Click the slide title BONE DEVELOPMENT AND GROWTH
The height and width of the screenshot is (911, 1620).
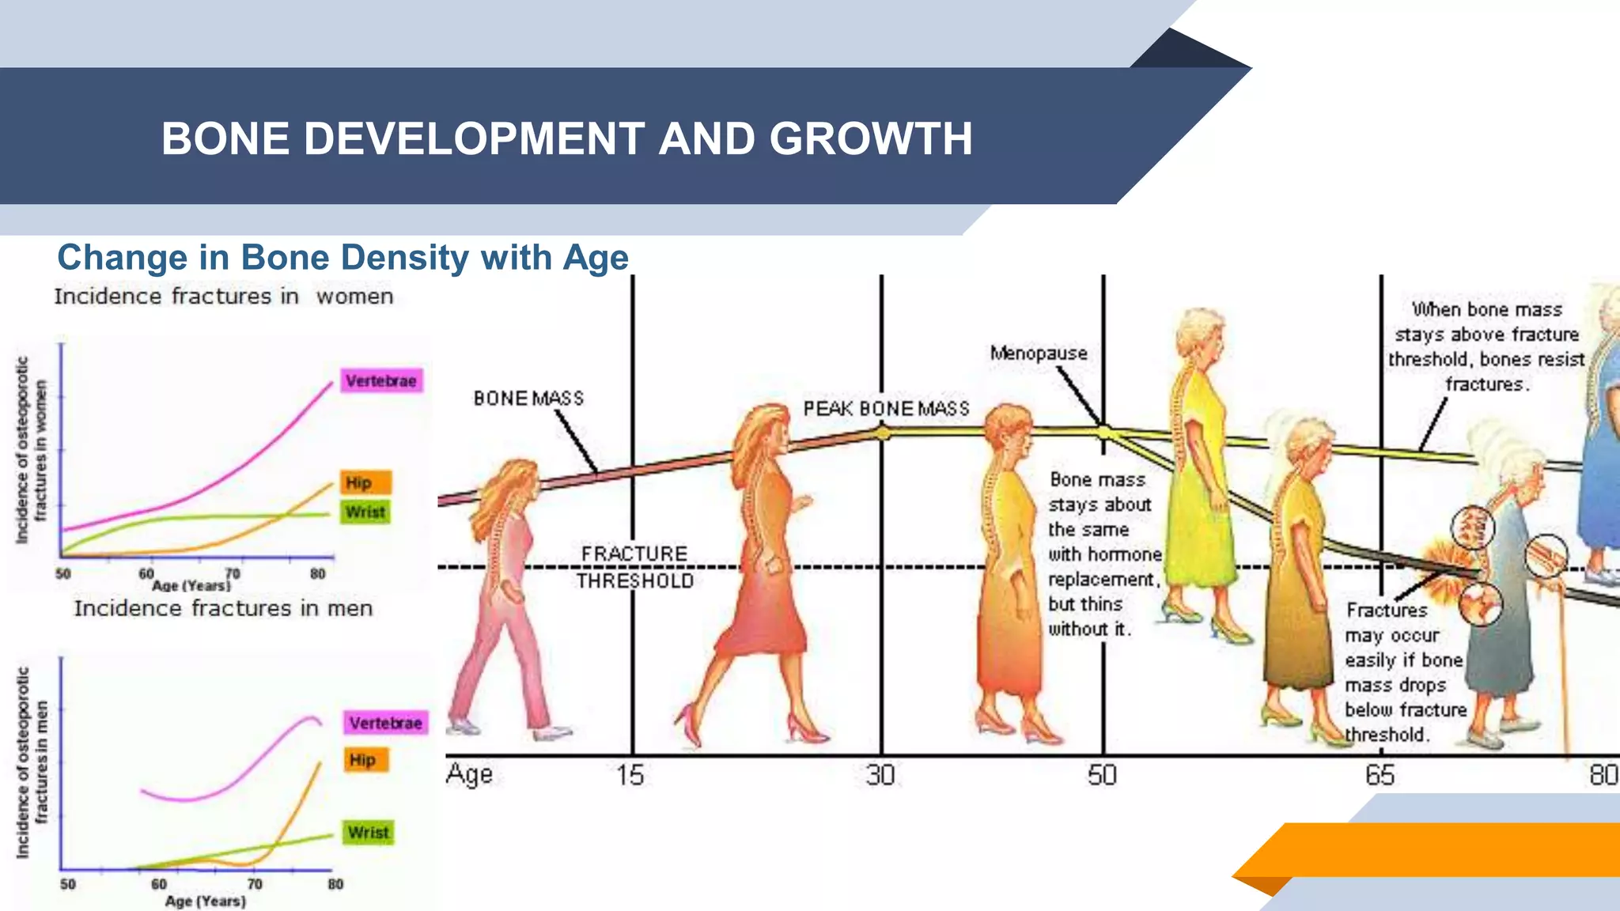pyautogui.click(x=566, y=138)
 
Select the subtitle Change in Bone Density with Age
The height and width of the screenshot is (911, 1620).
pyautogui.click(x=343, y=258)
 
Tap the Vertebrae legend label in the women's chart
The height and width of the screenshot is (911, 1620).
pyautogui.click(x=381, y=381)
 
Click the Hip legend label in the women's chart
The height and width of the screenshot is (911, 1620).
pyautogui.click(x=359, y=482)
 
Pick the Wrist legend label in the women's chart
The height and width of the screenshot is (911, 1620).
pyautogui.click(x=365, y=512)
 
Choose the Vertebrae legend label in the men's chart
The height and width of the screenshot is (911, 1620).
pyautogui.click(x=386, y=723)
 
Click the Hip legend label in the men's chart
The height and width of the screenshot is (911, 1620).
pyautogui.click(x=363, y=760)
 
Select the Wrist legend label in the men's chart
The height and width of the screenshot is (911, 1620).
pyautogui.click(x=369, y=833)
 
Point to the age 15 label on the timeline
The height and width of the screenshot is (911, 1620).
pyautogui.click(x=630, y=775)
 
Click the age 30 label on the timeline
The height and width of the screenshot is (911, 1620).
pyautogui.click(x=880, y=775)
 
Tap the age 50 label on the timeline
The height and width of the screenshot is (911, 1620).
pyautogui.click(x=1102, y=775)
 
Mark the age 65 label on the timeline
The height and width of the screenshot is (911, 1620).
pyautogui.click(x=1380, y=775)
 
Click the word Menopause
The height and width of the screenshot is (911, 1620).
pyautogui.click(x=1039, y=353)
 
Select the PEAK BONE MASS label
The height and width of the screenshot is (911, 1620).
pyautogui.click(x=886, y=409)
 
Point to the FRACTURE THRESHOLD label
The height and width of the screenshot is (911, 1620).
pyautogui.click(x=634, y=567)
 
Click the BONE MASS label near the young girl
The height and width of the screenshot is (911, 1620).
pyautogui.click(x=528, y=399)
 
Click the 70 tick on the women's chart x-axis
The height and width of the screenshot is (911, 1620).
pyautogui.click(x=232, y=573)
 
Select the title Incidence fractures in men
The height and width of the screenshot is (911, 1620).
pyautogui.click(x=223, y=608)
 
